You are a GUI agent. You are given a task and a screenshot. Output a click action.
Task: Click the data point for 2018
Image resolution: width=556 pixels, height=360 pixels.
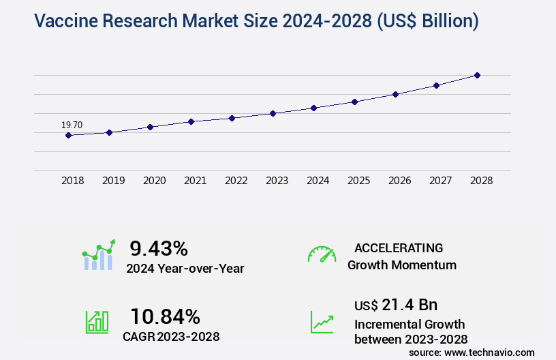(68, 135)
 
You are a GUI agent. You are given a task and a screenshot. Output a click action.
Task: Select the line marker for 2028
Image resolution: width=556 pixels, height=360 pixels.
(477, 75)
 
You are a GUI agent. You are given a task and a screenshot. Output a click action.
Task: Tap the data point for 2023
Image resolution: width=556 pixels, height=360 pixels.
(273, 113)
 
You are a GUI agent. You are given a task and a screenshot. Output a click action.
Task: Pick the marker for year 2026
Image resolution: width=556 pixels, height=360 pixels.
(395, 94)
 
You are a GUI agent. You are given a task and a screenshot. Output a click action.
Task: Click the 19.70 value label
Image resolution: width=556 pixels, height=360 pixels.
(72, 125)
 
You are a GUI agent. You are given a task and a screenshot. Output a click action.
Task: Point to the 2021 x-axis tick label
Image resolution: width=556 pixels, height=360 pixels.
(195, 181)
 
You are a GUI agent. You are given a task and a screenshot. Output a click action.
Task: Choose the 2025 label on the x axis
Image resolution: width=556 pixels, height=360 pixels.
(358, 181)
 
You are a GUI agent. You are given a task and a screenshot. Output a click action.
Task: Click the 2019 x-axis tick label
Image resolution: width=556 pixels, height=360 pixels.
(113, 181)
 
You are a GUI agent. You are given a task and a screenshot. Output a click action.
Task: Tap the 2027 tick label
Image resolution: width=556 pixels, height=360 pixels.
(440, 181)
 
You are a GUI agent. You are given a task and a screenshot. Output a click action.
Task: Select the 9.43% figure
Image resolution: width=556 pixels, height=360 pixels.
(159, 248)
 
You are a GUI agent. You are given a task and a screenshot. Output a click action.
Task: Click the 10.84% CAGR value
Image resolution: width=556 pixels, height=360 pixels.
(166, 316)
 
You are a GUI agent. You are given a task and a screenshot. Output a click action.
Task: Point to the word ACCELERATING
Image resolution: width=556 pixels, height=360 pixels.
(399, 247)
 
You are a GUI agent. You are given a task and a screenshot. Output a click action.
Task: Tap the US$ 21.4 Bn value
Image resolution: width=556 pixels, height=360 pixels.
(396, 305)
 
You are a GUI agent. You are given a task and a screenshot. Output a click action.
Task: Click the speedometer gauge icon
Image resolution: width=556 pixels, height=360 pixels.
(322, 254)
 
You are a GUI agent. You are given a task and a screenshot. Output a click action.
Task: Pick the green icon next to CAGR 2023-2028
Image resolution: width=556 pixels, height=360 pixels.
(97, 322)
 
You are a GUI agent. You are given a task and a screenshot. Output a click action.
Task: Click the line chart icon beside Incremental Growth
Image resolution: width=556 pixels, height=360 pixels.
(322, 322)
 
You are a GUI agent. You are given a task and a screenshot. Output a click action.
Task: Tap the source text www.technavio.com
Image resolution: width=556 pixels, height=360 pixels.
(489, 352)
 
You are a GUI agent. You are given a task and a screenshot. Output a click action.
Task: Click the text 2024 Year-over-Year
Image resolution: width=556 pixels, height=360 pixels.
(185, 269)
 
